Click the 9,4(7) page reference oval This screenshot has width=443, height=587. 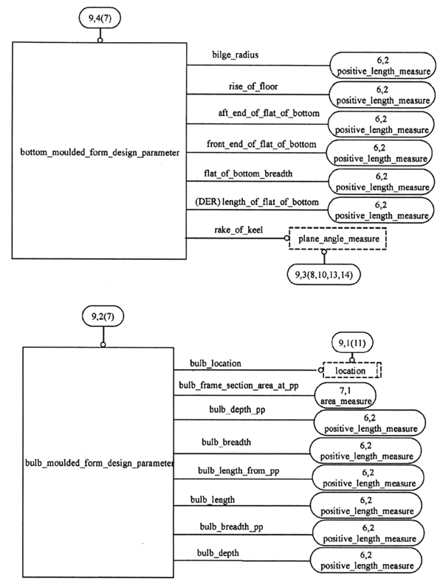point(101,15)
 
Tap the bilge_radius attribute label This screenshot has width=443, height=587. point(236,56)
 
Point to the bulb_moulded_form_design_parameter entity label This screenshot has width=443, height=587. point(99,464)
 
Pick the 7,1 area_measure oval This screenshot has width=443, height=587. point(346,396)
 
